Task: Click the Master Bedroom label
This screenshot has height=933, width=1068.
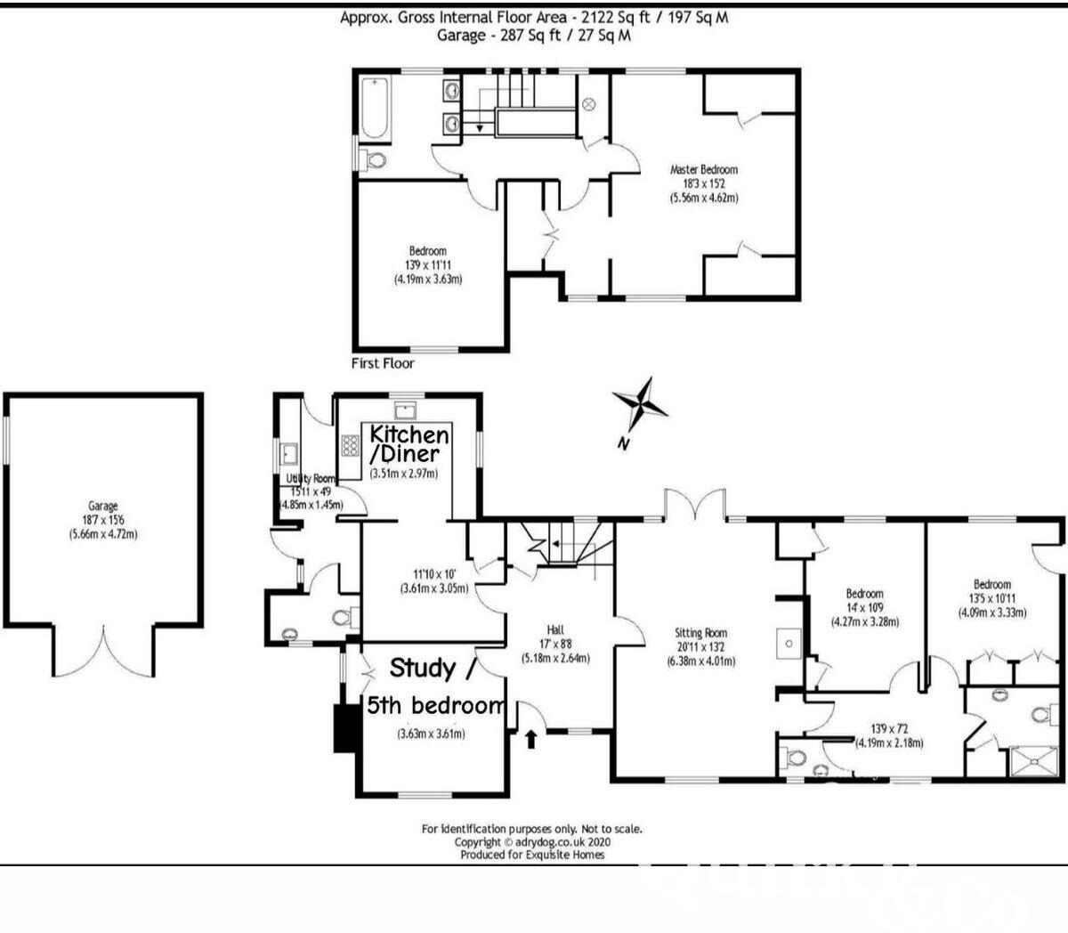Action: pyautogui.click(x=703, y=169)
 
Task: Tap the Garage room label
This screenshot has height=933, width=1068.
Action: pyautogui.click(x=103, y=506)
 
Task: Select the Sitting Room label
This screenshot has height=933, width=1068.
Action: pyautogui.click(x=701, y=633)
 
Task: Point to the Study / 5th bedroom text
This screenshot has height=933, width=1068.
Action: pyautogui.click(x=434, y=686)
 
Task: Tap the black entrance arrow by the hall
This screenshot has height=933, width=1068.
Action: pyautogui.click(x=531, y=738)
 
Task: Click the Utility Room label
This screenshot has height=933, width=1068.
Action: pyautogui.click(x=311, y=479)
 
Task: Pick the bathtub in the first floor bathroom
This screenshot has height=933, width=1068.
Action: pyautogui.click(x=374, y=108)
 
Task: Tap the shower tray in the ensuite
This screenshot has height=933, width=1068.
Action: pyautogui.click(x=1032, y=763)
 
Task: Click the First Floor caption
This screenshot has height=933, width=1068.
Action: pyautogui.click(x=384, y=363)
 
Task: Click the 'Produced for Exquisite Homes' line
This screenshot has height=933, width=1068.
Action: pyautogui.click(x=531, y=854)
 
